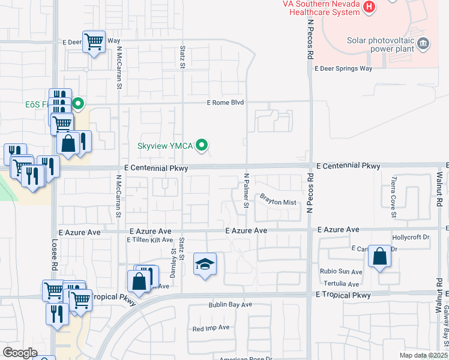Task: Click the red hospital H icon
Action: click(x=370, y=7)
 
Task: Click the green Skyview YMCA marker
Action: click(x=203, y=145)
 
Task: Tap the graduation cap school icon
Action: click(x=205, y=265)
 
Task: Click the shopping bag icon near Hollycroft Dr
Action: click(x=379, y=256)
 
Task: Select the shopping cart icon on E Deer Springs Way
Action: click(x=94, y=42)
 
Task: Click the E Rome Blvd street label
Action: click(x=225, y=103)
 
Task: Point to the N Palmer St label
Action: click(x=246, y=191)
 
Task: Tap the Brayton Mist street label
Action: click(x=278, y=202)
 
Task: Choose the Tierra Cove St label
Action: click(x=394, y=197)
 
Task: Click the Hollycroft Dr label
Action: click(x=411, y=238)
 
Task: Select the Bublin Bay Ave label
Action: click(x=230, y=305)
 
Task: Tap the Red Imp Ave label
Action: click(x=211, y=328)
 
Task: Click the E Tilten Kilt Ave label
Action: click(x=149, y=240)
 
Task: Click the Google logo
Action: click(x=20, y=352)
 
